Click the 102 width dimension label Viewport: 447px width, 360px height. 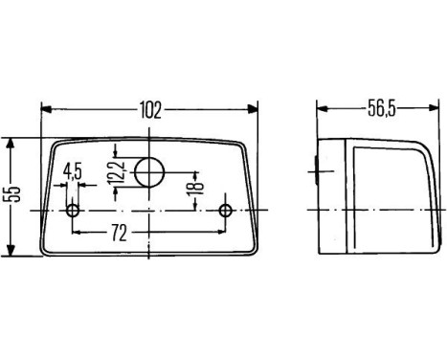click(150, 108)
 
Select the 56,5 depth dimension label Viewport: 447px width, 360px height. click(381, 108)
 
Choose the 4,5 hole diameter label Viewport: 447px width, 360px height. click(72, 172)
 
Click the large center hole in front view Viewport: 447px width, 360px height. click(148, 172)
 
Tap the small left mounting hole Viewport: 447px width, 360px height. click(74, 210)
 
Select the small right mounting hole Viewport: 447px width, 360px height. click(226, 210)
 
